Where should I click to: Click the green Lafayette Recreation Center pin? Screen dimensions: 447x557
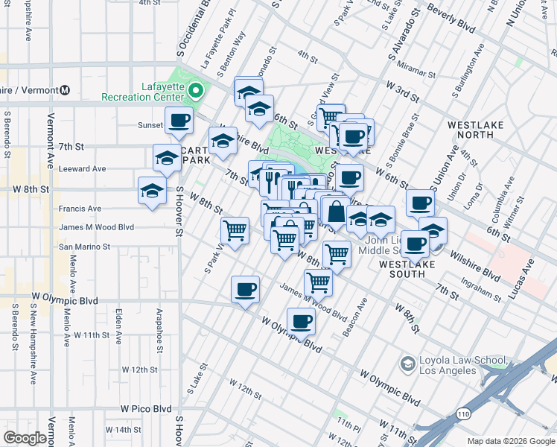[196, 91]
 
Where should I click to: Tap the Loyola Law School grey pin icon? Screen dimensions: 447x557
[407, 364]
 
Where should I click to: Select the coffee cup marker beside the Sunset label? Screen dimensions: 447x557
[179, 121]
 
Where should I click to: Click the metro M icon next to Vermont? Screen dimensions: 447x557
[65, 90]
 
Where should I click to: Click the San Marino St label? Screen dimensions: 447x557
[84, 246]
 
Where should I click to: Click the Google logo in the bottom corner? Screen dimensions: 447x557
[25, 438]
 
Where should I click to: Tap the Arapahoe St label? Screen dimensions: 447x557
[159, 324]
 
